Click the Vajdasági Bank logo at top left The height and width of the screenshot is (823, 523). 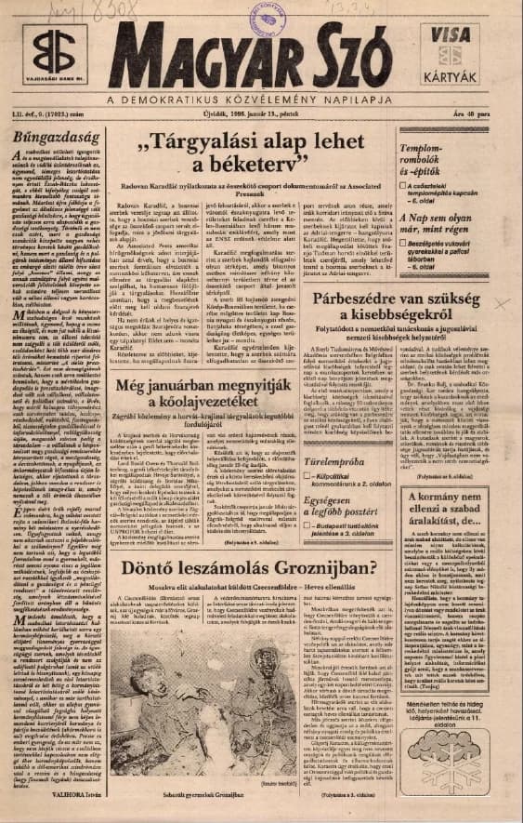pyautogui.click(x=40, y=56)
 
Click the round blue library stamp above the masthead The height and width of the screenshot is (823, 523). pyautogui.click(x=272, y=12)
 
